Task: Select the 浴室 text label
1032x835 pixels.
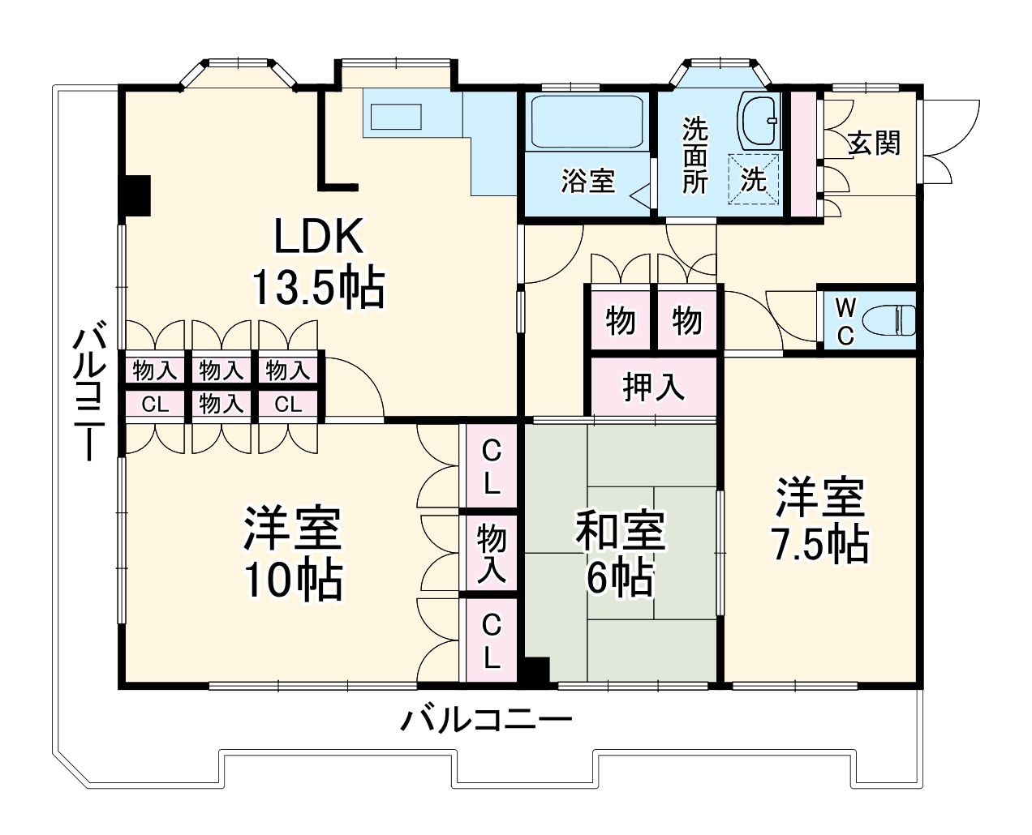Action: [x=587, y=180]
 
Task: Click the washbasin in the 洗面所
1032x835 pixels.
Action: [x=759, y=119]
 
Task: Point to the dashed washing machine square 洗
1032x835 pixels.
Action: [x=754, y=179]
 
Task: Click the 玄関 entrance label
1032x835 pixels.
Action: [x=875, y=143]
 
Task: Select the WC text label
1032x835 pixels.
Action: [x=845, y=321]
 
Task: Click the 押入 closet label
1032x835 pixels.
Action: [x=653, y=388]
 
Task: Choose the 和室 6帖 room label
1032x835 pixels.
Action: [x=621, y=554]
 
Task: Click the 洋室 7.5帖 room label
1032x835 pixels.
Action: [x=820, y=520]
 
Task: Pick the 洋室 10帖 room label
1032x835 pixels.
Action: [x=293, y=554]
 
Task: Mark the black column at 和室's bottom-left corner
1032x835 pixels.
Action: [x=536, y=670]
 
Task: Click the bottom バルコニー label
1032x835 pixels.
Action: [x=487, y=720]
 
